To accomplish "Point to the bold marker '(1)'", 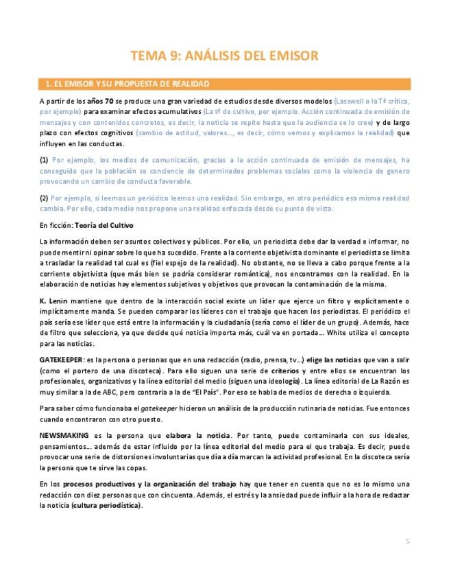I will [x=45, y=159].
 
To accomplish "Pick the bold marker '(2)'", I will [x=45, y=198].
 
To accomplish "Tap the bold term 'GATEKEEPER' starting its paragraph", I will [x=61, y=359].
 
